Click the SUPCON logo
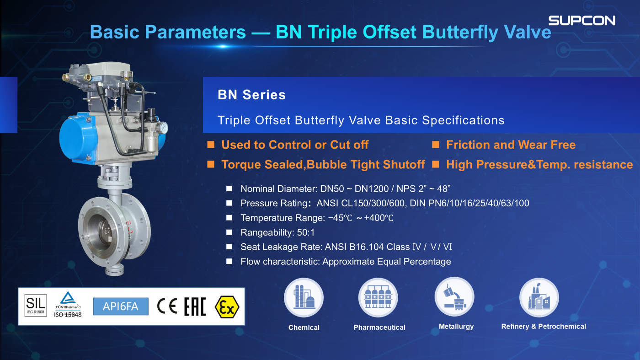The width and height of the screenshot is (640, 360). point(581,21)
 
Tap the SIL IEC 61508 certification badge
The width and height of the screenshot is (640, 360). point(36,305)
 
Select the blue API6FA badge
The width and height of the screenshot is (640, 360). point(121,306)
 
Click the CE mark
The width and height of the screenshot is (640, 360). point(167,306)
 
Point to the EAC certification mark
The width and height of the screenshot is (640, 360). point(195,306)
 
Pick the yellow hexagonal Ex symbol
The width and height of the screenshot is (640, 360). point(227,307)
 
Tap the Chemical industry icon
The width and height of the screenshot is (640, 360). point(304,297)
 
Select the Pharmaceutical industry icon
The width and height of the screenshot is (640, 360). point(379,297)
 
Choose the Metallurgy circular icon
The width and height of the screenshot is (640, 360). point(454,297)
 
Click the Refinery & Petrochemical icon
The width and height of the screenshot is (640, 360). point(539,297)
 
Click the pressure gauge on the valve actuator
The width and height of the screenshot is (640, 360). point(164,128)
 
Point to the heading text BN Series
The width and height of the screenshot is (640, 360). point(251,95)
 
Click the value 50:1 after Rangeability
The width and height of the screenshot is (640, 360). point(306,232)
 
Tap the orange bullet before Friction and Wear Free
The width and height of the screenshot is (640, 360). point(435,145)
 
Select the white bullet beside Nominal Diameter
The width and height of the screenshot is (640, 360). point(229,189)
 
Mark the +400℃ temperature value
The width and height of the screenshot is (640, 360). point(379,218)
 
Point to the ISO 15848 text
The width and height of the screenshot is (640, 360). point(68,315)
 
